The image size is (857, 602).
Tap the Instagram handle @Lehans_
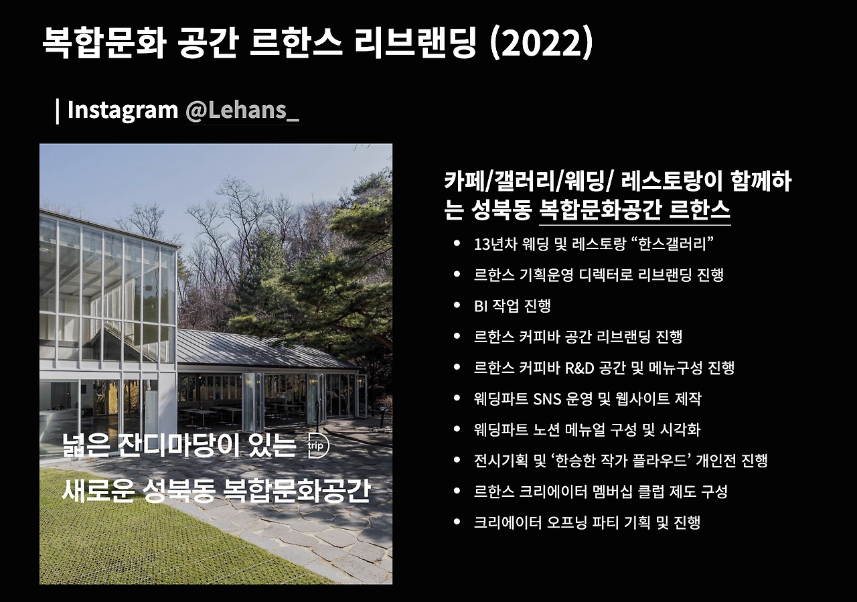[242, 110]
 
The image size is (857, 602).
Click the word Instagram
[123, 110]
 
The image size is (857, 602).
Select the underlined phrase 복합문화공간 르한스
[634, 210]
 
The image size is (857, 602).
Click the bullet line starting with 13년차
[593, 244]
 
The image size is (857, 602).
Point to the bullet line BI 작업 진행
[512, 306]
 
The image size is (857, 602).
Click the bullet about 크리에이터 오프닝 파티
[587, 522]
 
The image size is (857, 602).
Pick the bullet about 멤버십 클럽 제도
[600, 492]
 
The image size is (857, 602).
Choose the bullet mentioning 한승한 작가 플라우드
[620, 461]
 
